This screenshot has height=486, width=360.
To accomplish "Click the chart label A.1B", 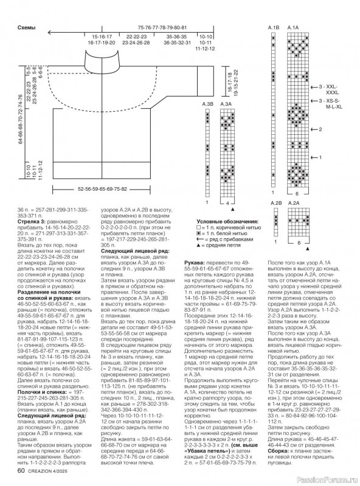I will [273, 28].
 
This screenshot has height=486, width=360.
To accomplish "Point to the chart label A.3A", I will [226, 104].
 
